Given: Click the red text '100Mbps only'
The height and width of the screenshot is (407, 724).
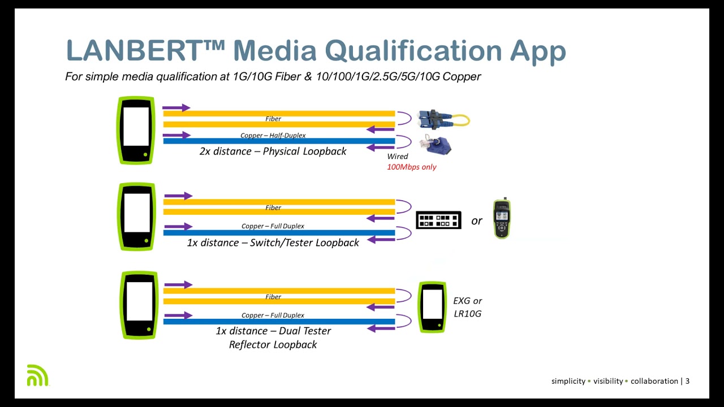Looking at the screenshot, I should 411,167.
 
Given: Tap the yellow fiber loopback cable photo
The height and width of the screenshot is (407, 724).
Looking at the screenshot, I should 443,119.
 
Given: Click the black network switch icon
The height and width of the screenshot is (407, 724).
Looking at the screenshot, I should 438,220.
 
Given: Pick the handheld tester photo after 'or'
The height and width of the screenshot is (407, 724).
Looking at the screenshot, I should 502,219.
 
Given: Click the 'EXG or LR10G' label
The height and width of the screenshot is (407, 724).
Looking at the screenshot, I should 467,307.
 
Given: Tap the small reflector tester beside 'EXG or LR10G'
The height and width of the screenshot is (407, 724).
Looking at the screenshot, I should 432,307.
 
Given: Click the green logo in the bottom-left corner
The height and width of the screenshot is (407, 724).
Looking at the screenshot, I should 37,375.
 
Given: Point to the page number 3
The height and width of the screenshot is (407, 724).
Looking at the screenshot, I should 687,381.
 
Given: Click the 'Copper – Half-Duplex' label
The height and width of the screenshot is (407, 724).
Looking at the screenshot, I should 273,136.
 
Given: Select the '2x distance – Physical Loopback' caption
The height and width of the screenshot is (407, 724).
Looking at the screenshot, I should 273,151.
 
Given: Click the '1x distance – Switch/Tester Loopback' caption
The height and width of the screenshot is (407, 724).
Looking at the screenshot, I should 273,243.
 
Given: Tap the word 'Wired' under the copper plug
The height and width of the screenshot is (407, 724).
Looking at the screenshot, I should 397,157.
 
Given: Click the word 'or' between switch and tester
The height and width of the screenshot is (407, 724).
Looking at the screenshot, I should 476,221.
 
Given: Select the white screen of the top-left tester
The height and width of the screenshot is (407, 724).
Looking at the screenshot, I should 136,127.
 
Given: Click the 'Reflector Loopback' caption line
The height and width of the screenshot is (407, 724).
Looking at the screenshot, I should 273,344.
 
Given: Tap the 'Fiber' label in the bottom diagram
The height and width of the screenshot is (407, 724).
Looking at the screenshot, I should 273,297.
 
